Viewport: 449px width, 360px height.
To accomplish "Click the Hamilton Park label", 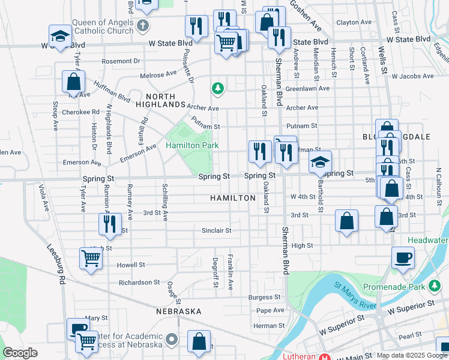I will pos(192,145).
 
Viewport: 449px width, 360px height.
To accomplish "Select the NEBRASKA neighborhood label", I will pos(178,311).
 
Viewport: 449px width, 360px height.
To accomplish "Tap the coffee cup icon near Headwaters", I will pos(403,257).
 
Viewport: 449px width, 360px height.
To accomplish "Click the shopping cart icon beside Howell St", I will pos(91,259).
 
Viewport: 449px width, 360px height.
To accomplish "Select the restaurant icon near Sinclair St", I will pos(109,224).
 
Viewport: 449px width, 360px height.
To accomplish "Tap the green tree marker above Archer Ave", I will pos(217,89).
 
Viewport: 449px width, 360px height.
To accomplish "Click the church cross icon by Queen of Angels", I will pos(142,25).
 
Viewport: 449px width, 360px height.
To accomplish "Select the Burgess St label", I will pos(265,297).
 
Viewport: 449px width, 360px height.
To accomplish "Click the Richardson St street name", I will pos(139,282).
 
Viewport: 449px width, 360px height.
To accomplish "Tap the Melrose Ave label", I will pos(158,75).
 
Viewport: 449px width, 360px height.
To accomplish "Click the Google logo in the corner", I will pos(20,353).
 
